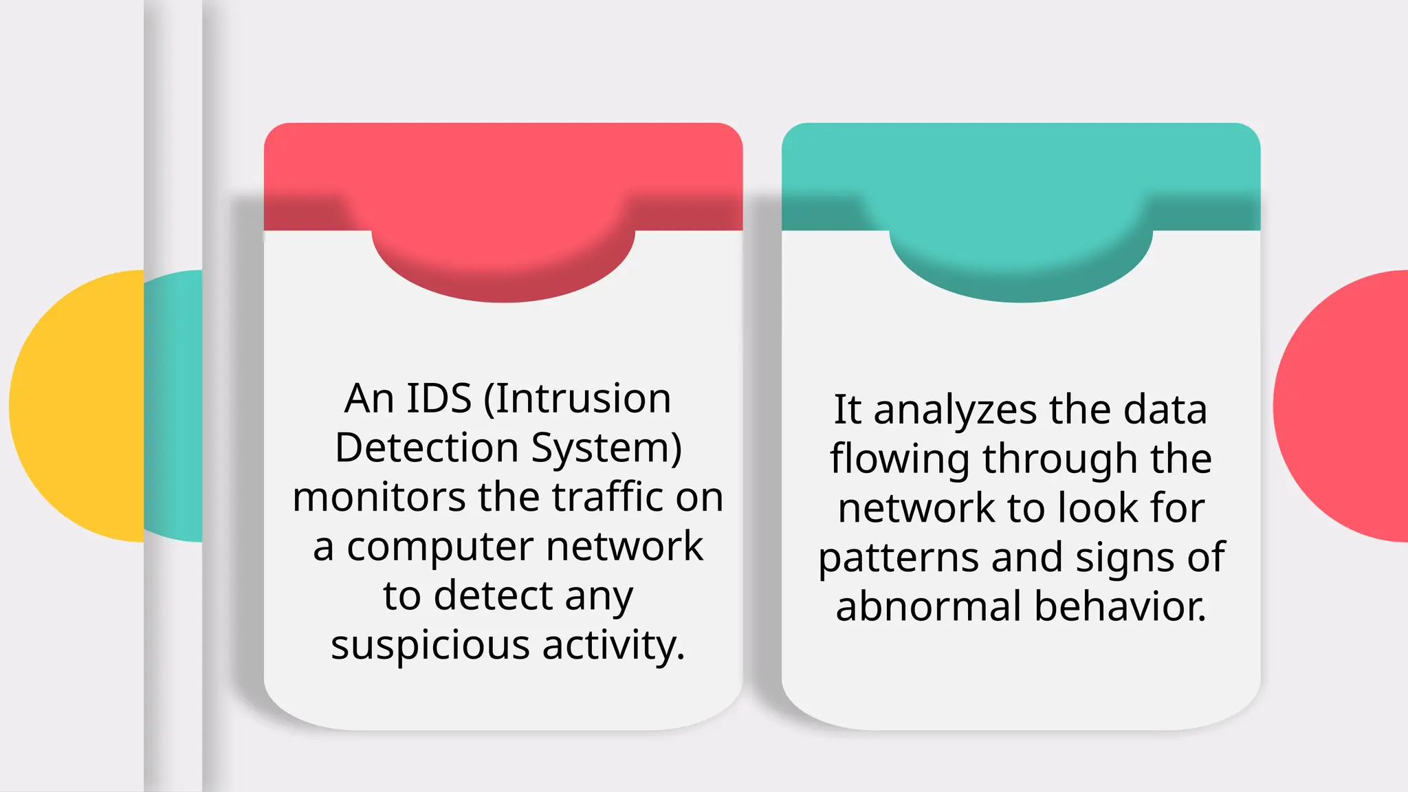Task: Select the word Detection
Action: tap(426, 448)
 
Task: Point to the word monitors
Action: tap(379, 497)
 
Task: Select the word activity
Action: tap(613, 646)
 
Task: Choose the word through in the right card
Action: tap(1059, 459)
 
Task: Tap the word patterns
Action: tap(898, 558)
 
